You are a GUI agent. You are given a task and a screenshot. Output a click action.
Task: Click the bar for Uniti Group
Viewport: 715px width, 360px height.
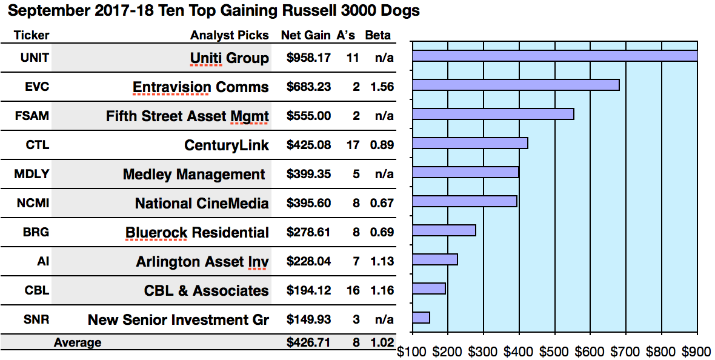tap(554, 56)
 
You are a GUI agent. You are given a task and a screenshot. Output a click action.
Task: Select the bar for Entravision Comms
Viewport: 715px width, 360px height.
tap(516, 85)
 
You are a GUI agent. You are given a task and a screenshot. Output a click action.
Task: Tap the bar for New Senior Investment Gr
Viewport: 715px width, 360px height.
tap(421, 318)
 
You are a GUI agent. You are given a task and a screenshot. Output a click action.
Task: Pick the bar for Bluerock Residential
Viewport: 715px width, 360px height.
tap(444, 230)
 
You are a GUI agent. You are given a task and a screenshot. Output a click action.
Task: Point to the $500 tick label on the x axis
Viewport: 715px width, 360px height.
tap(554, 350)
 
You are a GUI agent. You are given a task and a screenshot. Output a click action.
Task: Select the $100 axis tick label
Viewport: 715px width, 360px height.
tap(412, 350)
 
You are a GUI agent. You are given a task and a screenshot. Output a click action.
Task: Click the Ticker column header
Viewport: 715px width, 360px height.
tap(32, 35)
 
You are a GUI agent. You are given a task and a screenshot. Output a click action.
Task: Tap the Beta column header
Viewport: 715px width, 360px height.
tap(377, 35)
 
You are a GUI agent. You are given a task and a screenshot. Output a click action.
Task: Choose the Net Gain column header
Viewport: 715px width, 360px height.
tap(305, 35)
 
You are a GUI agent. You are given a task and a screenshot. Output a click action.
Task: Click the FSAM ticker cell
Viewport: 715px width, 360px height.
tap(32, 116)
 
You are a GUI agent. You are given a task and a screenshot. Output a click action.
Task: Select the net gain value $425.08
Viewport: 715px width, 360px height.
tap(308, 145)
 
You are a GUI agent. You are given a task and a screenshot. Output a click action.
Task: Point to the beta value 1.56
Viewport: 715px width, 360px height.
tap(381, 87)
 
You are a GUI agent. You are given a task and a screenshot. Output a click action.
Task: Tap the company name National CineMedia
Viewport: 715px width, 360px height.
tap(202, 204)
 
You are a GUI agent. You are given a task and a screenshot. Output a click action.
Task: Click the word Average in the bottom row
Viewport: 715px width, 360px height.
tap(78, 343)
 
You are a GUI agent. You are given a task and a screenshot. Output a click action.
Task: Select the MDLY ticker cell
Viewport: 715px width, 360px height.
tap(32, 174)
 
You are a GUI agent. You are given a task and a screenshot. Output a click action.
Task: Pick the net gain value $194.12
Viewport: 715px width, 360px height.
tap(308, 290)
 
